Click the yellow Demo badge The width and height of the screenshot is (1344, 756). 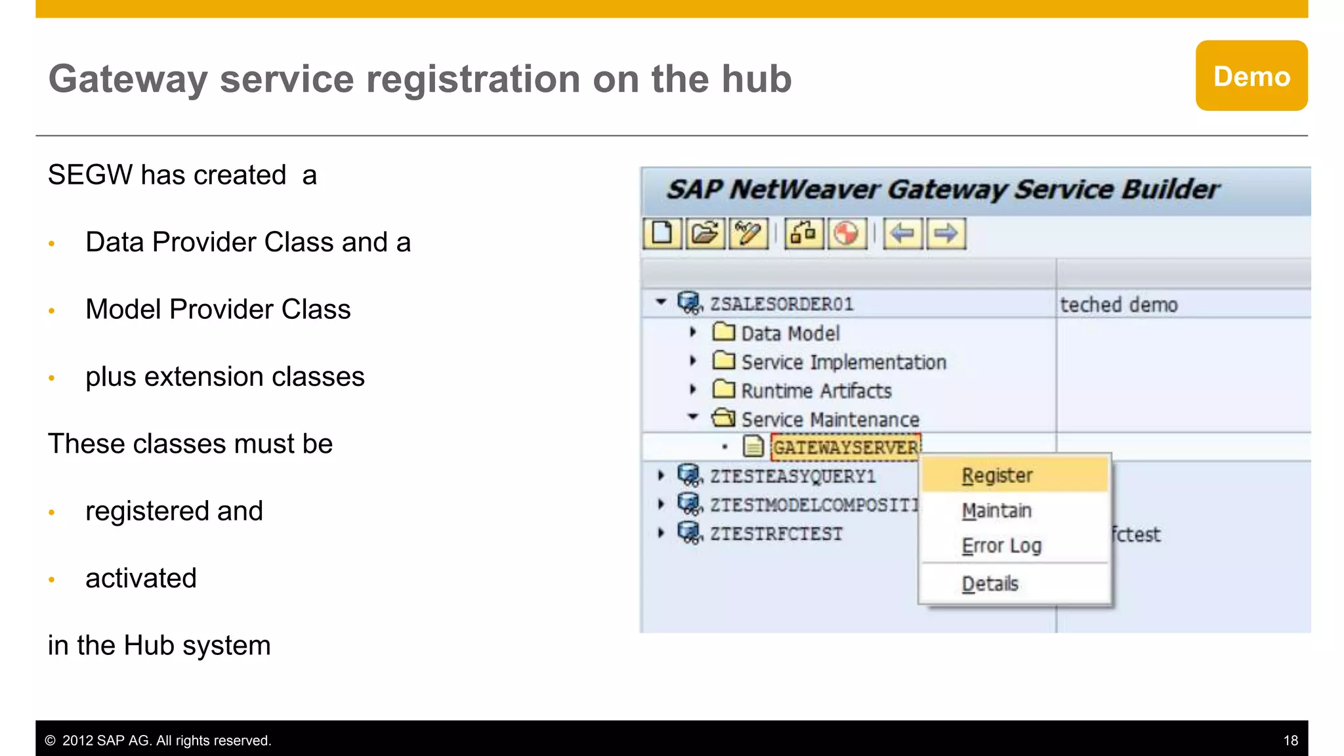click(1251, 76)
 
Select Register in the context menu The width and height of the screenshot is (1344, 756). click(997, 475)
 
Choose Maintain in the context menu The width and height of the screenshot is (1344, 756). click(996, 511)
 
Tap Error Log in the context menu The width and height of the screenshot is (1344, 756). click(1001, 545)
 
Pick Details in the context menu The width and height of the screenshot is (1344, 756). click(990, 583)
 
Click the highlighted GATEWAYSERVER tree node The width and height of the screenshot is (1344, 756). click(845, 448)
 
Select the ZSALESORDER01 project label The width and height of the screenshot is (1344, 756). click(781, 304)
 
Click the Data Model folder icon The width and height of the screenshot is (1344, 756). click(723, 332)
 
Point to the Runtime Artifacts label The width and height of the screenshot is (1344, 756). click(816, 391)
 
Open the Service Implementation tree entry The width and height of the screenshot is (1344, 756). click(843, 362)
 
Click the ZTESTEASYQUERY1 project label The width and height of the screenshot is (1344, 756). click(793, 476)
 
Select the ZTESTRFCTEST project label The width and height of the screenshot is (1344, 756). click(776, 534)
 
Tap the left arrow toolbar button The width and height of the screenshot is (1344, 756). click(903, 234)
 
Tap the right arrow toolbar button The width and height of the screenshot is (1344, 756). click(946, 234)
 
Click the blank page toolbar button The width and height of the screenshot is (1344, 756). click(662, 234)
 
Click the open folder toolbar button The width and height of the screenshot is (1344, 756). click(705, 234)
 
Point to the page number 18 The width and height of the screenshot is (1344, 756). click(1290, 741)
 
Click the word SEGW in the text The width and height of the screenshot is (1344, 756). click(90, 175)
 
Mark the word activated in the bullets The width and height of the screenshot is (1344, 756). click(141, 578)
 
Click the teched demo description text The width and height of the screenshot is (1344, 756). click(1119, 305)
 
